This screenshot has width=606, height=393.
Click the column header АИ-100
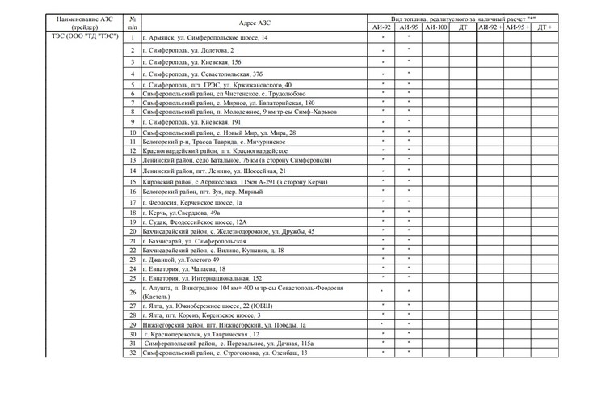(x=436, y=27)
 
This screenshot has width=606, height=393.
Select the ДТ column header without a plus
(x=463, y=27)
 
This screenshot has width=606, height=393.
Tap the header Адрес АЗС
(x=253, y=22)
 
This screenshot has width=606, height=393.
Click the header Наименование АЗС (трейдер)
(x=85, y=22)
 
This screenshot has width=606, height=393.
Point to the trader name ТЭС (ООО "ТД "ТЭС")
(x=85, y=37)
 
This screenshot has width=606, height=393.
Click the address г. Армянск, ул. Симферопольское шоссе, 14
(x=205, y=37)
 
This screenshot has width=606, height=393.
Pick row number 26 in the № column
(x=133, y=292)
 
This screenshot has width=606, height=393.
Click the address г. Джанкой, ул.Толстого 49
(x=181, y=260)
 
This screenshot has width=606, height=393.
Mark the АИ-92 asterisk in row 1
(x=383, y=37)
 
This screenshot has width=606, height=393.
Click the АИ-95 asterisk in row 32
(x=409, y=353)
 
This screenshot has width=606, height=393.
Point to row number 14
(x=133, y=171)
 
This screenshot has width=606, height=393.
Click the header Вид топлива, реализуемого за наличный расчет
(x=463, y=17)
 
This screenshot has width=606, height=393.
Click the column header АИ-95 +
(x=517, y=27)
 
